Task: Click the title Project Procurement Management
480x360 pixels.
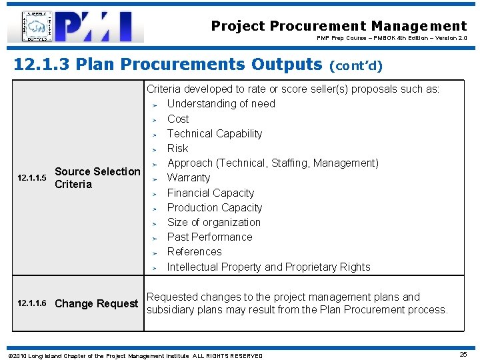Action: pyautogui.click(x=339, y=26)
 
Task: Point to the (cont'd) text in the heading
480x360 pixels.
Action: pyautogui.click(x=356, y=65)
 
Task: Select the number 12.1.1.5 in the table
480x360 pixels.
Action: pyautogui.click(x=32, y=178)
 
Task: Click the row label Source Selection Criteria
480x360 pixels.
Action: pyautogui.click(x=97, y=178)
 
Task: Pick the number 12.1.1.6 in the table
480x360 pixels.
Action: pyautogui.click(x=32, y=304)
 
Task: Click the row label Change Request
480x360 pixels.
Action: pyautogui.click(x=96, y=304)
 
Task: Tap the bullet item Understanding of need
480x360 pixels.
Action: pyautogui.click(x=221, y=104)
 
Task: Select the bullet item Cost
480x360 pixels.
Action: pyautogui.click(x=178, y=119)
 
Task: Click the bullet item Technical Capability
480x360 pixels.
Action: pyautogui.click(x=215, y=133)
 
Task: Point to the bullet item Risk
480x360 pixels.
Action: pyautogui.click(x=177, y=148)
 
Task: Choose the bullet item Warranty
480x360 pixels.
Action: pyautogui.click(x=189, y=178)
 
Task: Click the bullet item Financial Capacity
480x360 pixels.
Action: pyautogui.click(x=211, y=193)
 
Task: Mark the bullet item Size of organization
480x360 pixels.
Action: pyautogui.click(x=214, y=222)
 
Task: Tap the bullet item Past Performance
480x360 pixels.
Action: pyautogui.click(x=210, y=237)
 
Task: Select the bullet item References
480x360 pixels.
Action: pyautogui.click(x=195, y=251)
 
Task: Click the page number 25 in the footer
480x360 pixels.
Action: pyautogui.click(x=463, y=355)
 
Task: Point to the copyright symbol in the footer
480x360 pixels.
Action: pyautogui.click(x=7, y=356)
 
